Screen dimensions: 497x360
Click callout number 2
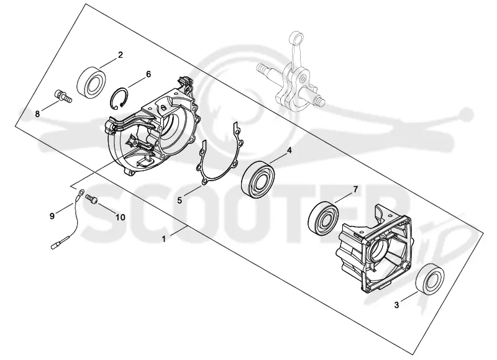(x=120, y=55)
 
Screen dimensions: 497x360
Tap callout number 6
(x=148, y=74)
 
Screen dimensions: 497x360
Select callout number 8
(x=37, y=114)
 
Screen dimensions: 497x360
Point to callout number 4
(x=289, y=150)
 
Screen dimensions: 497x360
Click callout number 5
(x=180, y=200)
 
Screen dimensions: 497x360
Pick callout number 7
(x=355, y=190)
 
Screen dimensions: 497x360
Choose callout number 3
(x=396, y=305)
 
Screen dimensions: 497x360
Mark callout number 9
(x=52, y=216)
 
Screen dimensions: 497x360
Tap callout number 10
(x=120, y=217)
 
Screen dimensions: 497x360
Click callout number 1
(x=163, y=240)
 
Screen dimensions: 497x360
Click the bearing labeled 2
(x=91, y=82)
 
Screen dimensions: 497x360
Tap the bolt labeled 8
(x=63, y=96)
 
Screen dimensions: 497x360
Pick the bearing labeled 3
(x=429, y=279)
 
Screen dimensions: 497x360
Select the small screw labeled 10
(x=91, y=199)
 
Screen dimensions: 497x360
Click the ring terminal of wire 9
(x=80, y=194)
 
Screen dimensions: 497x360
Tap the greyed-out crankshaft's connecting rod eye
(x=298, y=38)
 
